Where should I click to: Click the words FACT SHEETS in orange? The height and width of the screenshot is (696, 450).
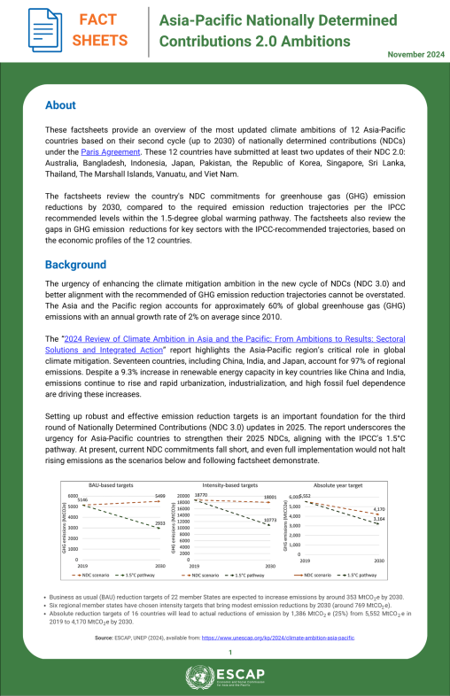(x=99, y=29)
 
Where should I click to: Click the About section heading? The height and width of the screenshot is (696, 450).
(x=60, y=105)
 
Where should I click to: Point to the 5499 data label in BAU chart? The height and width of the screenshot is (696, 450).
(x=160, y=496)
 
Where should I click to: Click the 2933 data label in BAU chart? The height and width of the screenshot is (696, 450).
(x=160, y=524)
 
